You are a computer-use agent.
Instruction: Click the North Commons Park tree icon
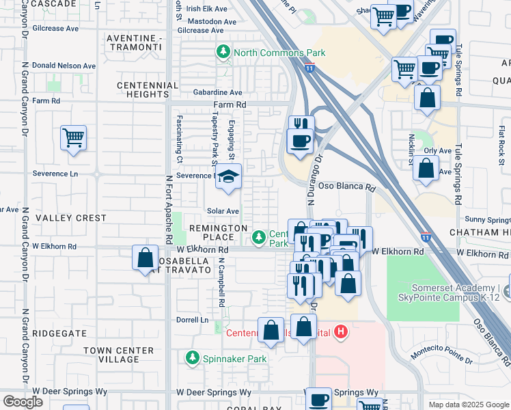point(223,52)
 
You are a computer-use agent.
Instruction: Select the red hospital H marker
point(341,333)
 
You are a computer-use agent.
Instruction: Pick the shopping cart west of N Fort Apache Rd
point(73,137)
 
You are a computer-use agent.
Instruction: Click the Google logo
point(23,402)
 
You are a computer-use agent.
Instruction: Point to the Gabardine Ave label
point(217,92)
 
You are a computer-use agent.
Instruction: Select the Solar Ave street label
point(223,211)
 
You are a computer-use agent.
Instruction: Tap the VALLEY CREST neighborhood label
point(71,218)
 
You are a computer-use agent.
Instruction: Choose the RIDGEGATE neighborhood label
point(59,333)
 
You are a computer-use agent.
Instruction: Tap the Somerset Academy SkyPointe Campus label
point(453,292)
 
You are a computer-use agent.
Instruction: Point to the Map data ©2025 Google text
point(468,405)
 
